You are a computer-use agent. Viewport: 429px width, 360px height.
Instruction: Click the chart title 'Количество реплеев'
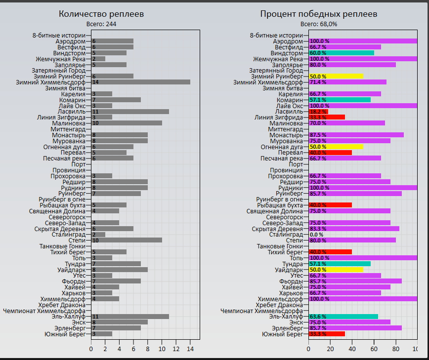(101, 14)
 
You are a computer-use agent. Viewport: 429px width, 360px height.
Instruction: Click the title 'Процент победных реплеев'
(319, 14)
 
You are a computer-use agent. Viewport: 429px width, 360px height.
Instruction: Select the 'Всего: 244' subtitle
(101, 24)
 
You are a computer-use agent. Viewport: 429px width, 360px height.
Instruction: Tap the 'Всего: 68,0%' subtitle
(319, 24)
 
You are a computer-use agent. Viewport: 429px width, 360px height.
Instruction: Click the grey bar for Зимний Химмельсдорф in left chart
(140, 82)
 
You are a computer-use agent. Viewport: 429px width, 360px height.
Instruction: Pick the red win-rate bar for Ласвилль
(318, 112)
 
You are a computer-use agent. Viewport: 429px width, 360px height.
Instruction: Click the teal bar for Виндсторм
(341, 53)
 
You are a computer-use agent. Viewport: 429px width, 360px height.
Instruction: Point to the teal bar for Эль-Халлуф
(343, 317)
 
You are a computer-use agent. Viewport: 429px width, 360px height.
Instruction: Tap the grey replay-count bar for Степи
(127, 240)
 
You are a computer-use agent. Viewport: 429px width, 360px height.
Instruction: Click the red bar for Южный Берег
(327, 334)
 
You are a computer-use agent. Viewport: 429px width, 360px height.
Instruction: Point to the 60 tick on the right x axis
(374, 349)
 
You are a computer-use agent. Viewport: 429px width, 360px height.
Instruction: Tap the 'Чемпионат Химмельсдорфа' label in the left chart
(43, 311)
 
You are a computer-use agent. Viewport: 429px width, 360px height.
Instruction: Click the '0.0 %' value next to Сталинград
(316, 235)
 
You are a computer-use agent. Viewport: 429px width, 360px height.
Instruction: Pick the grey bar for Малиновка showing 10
(127, 123)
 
